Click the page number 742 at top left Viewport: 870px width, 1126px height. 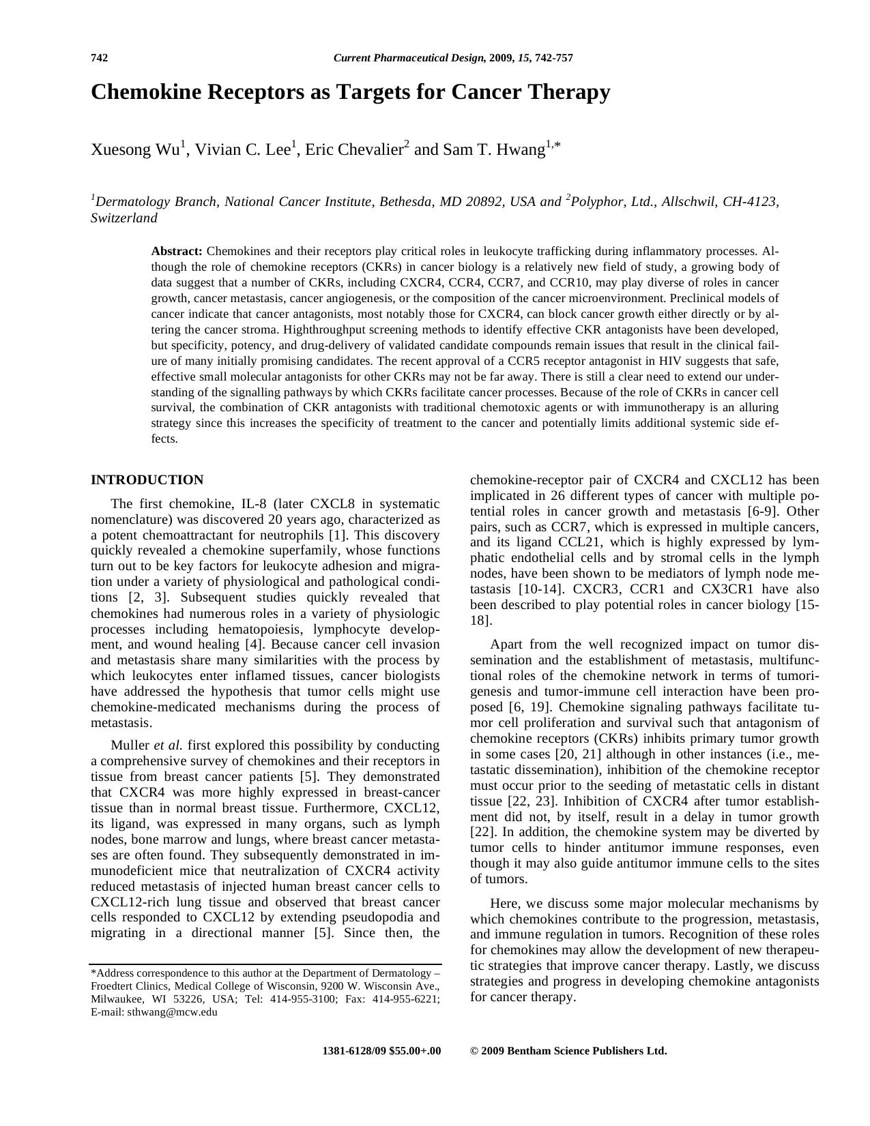point(100,58)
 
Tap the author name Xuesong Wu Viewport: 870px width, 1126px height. point(135,150)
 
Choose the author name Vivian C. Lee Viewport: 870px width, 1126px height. point(243,150)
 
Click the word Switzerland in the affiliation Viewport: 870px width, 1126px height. point(124,218)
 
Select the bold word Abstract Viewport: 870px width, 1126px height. point(177,252)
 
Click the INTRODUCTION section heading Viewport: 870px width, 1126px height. point(147,480)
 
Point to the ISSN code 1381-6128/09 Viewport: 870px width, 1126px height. point(354,1051)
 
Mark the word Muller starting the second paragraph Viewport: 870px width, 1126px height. point(130,745)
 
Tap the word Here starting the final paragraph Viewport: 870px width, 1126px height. point(504,904)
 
